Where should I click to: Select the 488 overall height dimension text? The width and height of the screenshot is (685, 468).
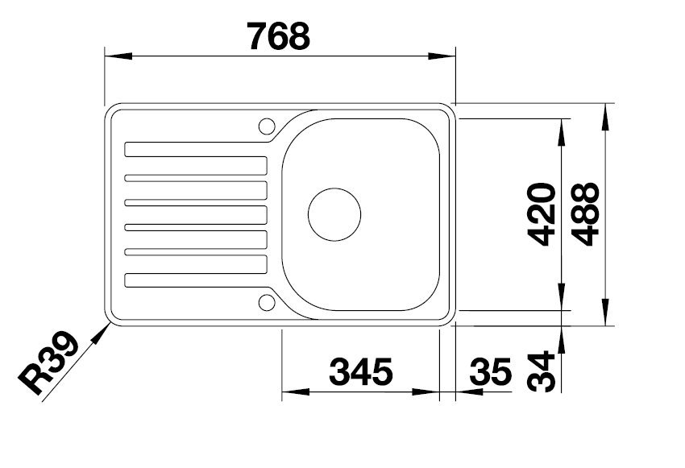[x=589, y=214]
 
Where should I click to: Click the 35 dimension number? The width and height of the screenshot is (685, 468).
[x=490, y=372]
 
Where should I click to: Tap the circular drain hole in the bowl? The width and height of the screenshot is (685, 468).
[x=334, y=215]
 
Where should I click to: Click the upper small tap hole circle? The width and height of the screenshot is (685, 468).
[x=267, y=126]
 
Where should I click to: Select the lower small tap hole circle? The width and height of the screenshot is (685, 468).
[x=267, y=303]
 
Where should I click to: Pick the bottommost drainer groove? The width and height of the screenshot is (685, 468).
[x=196, y=280]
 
